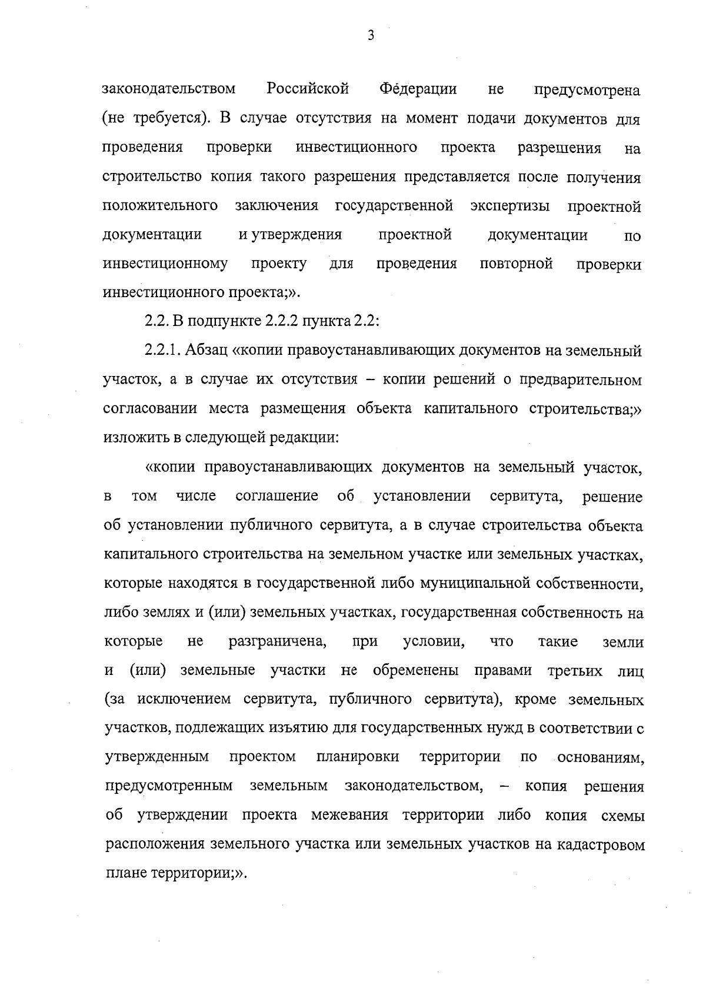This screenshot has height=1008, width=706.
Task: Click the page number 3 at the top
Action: click(x=371, y=36)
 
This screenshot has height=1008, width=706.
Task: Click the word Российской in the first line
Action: click(x=308, y=89)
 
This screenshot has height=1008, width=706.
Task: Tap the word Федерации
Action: click(x=418, y=89)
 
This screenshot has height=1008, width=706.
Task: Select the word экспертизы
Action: click(x=511, y=206)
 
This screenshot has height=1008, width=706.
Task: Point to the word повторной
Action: click(x=516, y=264)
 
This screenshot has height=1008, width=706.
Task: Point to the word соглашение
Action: click(x=277, y=496)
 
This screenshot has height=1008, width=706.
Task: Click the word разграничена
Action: click(x=278, y=642)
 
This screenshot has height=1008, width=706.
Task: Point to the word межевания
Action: click(x=350, y=816)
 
